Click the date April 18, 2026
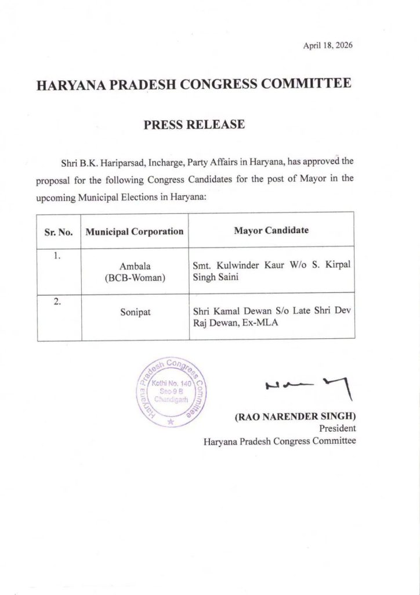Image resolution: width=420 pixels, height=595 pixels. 328,45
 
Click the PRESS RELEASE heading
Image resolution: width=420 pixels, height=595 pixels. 194,124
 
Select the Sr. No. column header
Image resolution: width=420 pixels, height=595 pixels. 59,231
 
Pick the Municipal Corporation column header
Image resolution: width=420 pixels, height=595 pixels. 135,231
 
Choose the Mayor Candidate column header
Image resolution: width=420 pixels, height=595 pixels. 271,230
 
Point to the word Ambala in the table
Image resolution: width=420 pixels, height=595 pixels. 135,266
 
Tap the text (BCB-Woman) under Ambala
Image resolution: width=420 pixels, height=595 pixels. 135,278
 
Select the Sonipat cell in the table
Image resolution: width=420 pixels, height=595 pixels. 135,311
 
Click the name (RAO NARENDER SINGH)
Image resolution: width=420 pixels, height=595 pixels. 295,417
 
